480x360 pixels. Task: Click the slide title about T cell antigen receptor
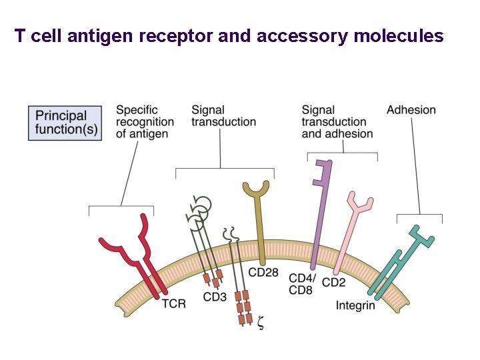click(229, 36)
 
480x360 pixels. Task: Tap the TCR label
click(174, 304)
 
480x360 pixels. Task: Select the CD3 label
click(215, 297)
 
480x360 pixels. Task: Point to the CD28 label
click(263, 273)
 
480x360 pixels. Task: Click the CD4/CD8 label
click(301, 283)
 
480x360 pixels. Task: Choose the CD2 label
click(333, 283)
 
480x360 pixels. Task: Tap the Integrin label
click(355, 305)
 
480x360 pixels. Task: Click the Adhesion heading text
click(411, 110)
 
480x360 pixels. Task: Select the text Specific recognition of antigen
click(145, 122)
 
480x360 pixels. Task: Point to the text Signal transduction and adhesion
click(337, 122)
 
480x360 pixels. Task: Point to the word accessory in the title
click(305, 36)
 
